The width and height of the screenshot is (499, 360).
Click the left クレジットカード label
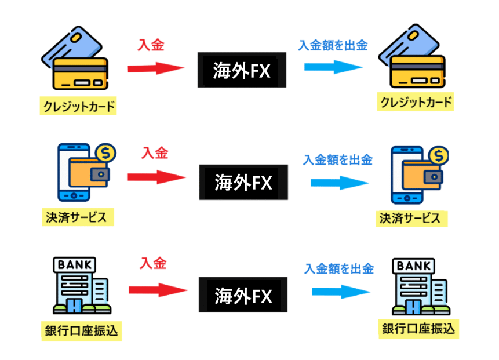pyautogui.click(x=78, y=107)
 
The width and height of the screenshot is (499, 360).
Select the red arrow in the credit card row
pyautogui.click(x=155, y=68)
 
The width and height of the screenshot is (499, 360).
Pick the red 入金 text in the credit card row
pyautogui.click(x=151, y=45)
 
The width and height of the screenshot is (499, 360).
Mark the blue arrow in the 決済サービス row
pyautogui.click(x=339, y=183)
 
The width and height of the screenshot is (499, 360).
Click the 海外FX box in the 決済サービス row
pyautogui.click(x=243, y=183)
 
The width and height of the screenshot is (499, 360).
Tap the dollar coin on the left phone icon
pyautogui.click(x=106, y=153)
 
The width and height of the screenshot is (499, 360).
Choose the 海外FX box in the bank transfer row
pyautogui.click(x=243, y=296)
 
